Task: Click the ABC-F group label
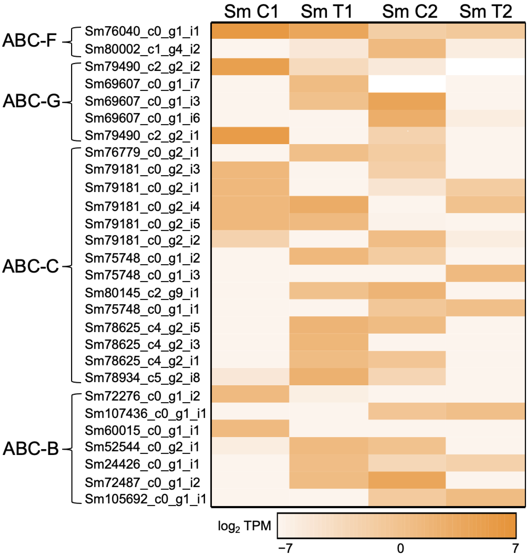pos(30,40)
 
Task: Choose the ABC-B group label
pos(30,448)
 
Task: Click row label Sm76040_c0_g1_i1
pos(142,31)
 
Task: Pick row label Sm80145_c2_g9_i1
pos(142,293)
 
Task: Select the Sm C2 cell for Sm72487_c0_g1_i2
pos(407,482)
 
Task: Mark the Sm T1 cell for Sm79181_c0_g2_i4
pos(329,204)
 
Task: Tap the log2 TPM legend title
pos(244,526)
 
